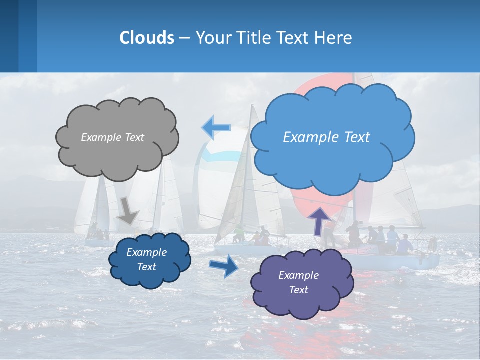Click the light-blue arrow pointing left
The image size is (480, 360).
(216, 128)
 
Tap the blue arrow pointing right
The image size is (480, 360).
(224, 266)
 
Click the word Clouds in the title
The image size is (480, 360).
(146, 38)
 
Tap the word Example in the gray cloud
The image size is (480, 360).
(101, 137)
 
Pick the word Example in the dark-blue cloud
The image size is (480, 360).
(146, 252)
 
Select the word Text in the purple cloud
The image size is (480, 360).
(298, 290)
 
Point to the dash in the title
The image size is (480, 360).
(184, 38)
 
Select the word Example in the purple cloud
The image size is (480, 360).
(298, 275)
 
